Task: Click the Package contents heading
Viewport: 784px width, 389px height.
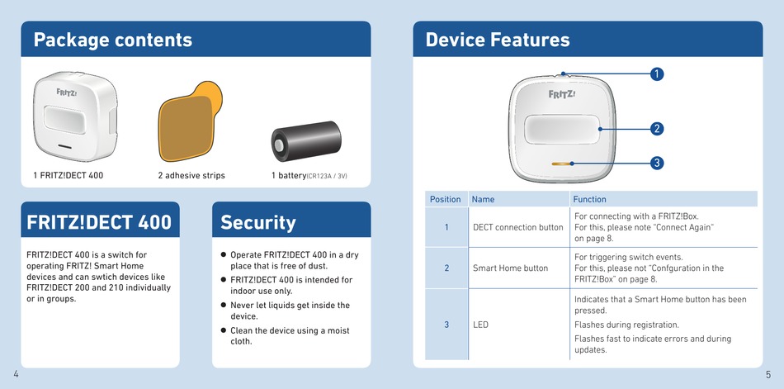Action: click(112, 40)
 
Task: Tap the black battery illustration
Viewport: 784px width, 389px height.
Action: click(306, 141)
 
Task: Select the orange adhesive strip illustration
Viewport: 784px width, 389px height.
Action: click(190, 121)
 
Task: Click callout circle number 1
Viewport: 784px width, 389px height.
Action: click(657, 74)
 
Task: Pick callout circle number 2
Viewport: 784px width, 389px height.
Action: click(657, 129)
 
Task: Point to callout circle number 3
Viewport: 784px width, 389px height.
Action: click(657, 163)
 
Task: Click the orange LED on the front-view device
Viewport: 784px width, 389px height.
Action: click(561, 164)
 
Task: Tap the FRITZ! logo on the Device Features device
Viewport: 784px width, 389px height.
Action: click(562, 94)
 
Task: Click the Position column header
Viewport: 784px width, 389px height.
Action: click(445, 199)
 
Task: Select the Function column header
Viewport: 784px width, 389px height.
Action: click(589, 199)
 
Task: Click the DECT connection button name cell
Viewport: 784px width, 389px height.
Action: click(518, 227)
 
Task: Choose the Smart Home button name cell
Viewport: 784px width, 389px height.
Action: click(511, 268)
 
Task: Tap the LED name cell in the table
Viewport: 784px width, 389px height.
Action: click(480, 325)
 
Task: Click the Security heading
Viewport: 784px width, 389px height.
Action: click(258, 222)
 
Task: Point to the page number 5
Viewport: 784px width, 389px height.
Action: click(768, 374)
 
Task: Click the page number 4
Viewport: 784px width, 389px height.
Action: click(16, 374)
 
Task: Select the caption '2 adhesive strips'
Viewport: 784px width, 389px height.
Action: click(191, 175)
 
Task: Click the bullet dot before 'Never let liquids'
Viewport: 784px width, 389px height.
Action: click(224, 305)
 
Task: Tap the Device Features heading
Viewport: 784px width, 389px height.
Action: click(498, 40)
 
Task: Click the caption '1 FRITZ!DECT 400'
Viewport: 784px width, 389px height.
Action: click(68, 175)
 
